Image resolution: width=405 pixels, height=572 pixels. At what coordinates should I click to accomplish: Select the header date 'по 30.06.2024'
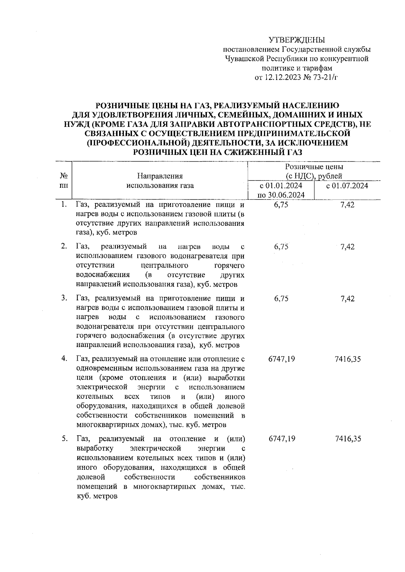point(281,195)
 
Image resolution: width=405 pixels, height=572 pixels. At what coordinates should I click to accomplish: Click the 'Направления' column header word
point(160,176)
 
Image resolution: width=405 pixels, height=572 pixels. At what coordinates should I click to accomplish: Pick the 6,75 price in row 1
point(281,205)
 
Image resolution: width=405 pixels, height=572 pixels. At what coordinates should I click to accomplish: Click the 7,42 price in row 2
point(347,247)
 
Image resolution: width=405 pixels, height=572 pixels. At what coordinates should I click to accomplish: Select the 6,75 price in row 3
point(281,299)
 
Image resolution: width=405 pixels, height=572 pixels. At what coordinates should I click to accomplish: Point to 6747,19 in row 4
point(281,359)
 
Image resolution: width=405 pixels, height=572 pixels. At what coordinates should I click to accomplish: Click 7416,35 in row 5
point(348,439)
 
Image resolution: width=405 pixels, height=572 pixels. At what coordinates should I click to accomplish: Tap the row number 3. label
point(64,298)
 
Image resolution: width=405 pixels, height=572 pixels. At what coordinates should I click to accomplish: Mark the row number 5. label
point(64,439)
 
